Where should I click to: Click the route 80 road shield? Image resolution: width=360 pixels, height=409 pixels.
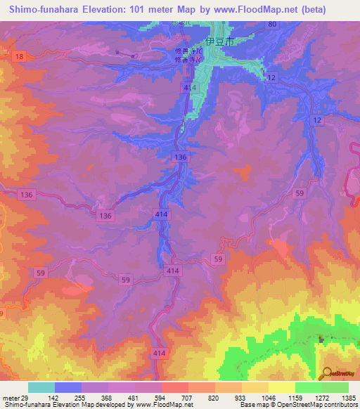(272, 24)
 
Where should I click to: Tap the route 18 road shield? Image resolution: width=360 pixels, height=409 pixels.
(19, 56)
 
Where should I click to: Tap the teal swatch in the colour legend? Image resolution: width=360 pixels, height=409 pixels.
(41, 387)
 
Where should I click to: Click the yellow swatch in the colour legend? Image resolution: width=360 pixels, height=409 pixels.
(281, 387)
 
